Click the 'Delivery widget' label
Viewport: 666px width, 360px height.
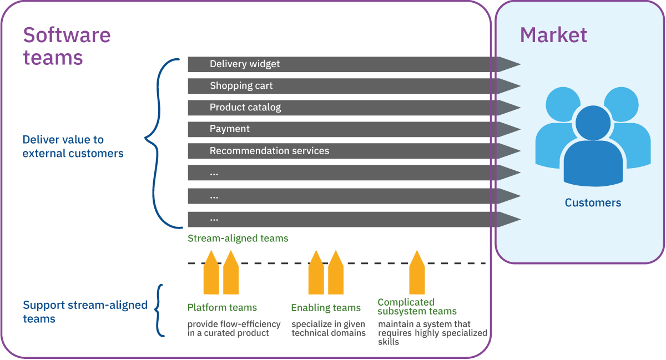click(x=245, y=64)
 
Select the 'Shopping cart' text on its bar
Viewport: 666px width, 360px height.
click(x=241, y=86)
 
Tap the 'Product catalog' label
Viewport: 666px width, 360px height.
click(x=245, y=108)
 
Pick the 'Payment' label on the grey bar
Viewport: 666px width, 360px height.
click(x=230, y=129)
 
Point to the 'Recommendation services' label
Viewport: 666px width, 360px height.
click(x=269, y=151)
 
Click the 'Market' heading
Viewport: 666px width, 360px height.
click(x=553, y=36)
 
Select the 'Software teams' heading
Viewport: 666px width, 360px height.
click(x=67, y=46)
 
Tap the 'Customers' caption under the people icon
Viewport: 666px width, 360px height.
click(x=593, y=203)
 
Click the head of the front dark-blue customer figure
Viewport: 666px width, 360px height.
click(x=593, y=123)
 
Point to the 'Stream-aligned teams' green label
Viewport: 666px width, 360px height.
click(x=238, y=239)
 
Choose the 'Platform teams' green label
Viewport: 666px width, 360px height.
click(x=222, y=308)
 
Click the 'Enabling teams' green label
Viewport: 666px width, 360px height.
click(x=326, y=308)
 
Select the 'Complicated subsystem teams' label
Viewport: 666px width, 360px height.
click(x=417, y=307)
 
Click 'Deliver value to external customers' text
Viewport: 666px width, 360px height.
click(x=73, y=146)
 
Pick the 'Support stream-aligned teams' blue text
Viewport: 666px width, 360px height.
click(x=85, y=312)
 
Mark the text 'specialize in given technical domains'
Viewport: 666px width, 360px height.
click(x=329, y=328)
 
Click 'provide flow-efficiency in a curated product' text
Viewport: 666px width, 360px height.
click(x=234, y=328)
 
